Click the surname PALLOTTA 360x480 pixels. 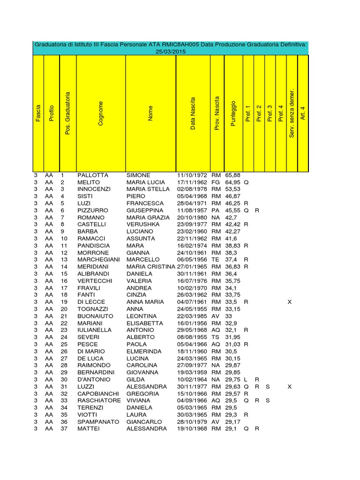93,175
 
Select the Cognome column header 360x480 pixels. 101,113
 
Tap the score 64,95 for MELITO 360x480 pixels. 233,182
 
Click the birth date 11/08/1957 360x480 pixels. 192,210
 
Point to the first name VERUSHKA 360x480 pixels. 143,225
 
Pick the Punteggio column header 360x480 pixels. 233,113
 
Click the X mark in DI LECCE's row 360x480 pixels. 289,302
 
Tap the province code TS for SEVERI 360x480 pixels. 215,337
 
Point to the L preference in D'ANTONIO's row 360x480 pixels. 246,379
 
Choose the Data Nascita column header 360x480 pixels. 193,113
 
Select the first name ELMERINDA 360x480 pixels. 144,351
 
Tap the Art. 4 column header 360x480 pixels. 303,113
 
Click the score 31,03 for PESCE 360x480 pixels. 233,344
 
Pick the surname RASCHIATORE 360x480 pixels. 99,401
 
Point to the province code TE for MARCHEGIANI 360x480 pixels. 215,260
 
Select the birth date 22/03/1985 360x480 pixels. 192,316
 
